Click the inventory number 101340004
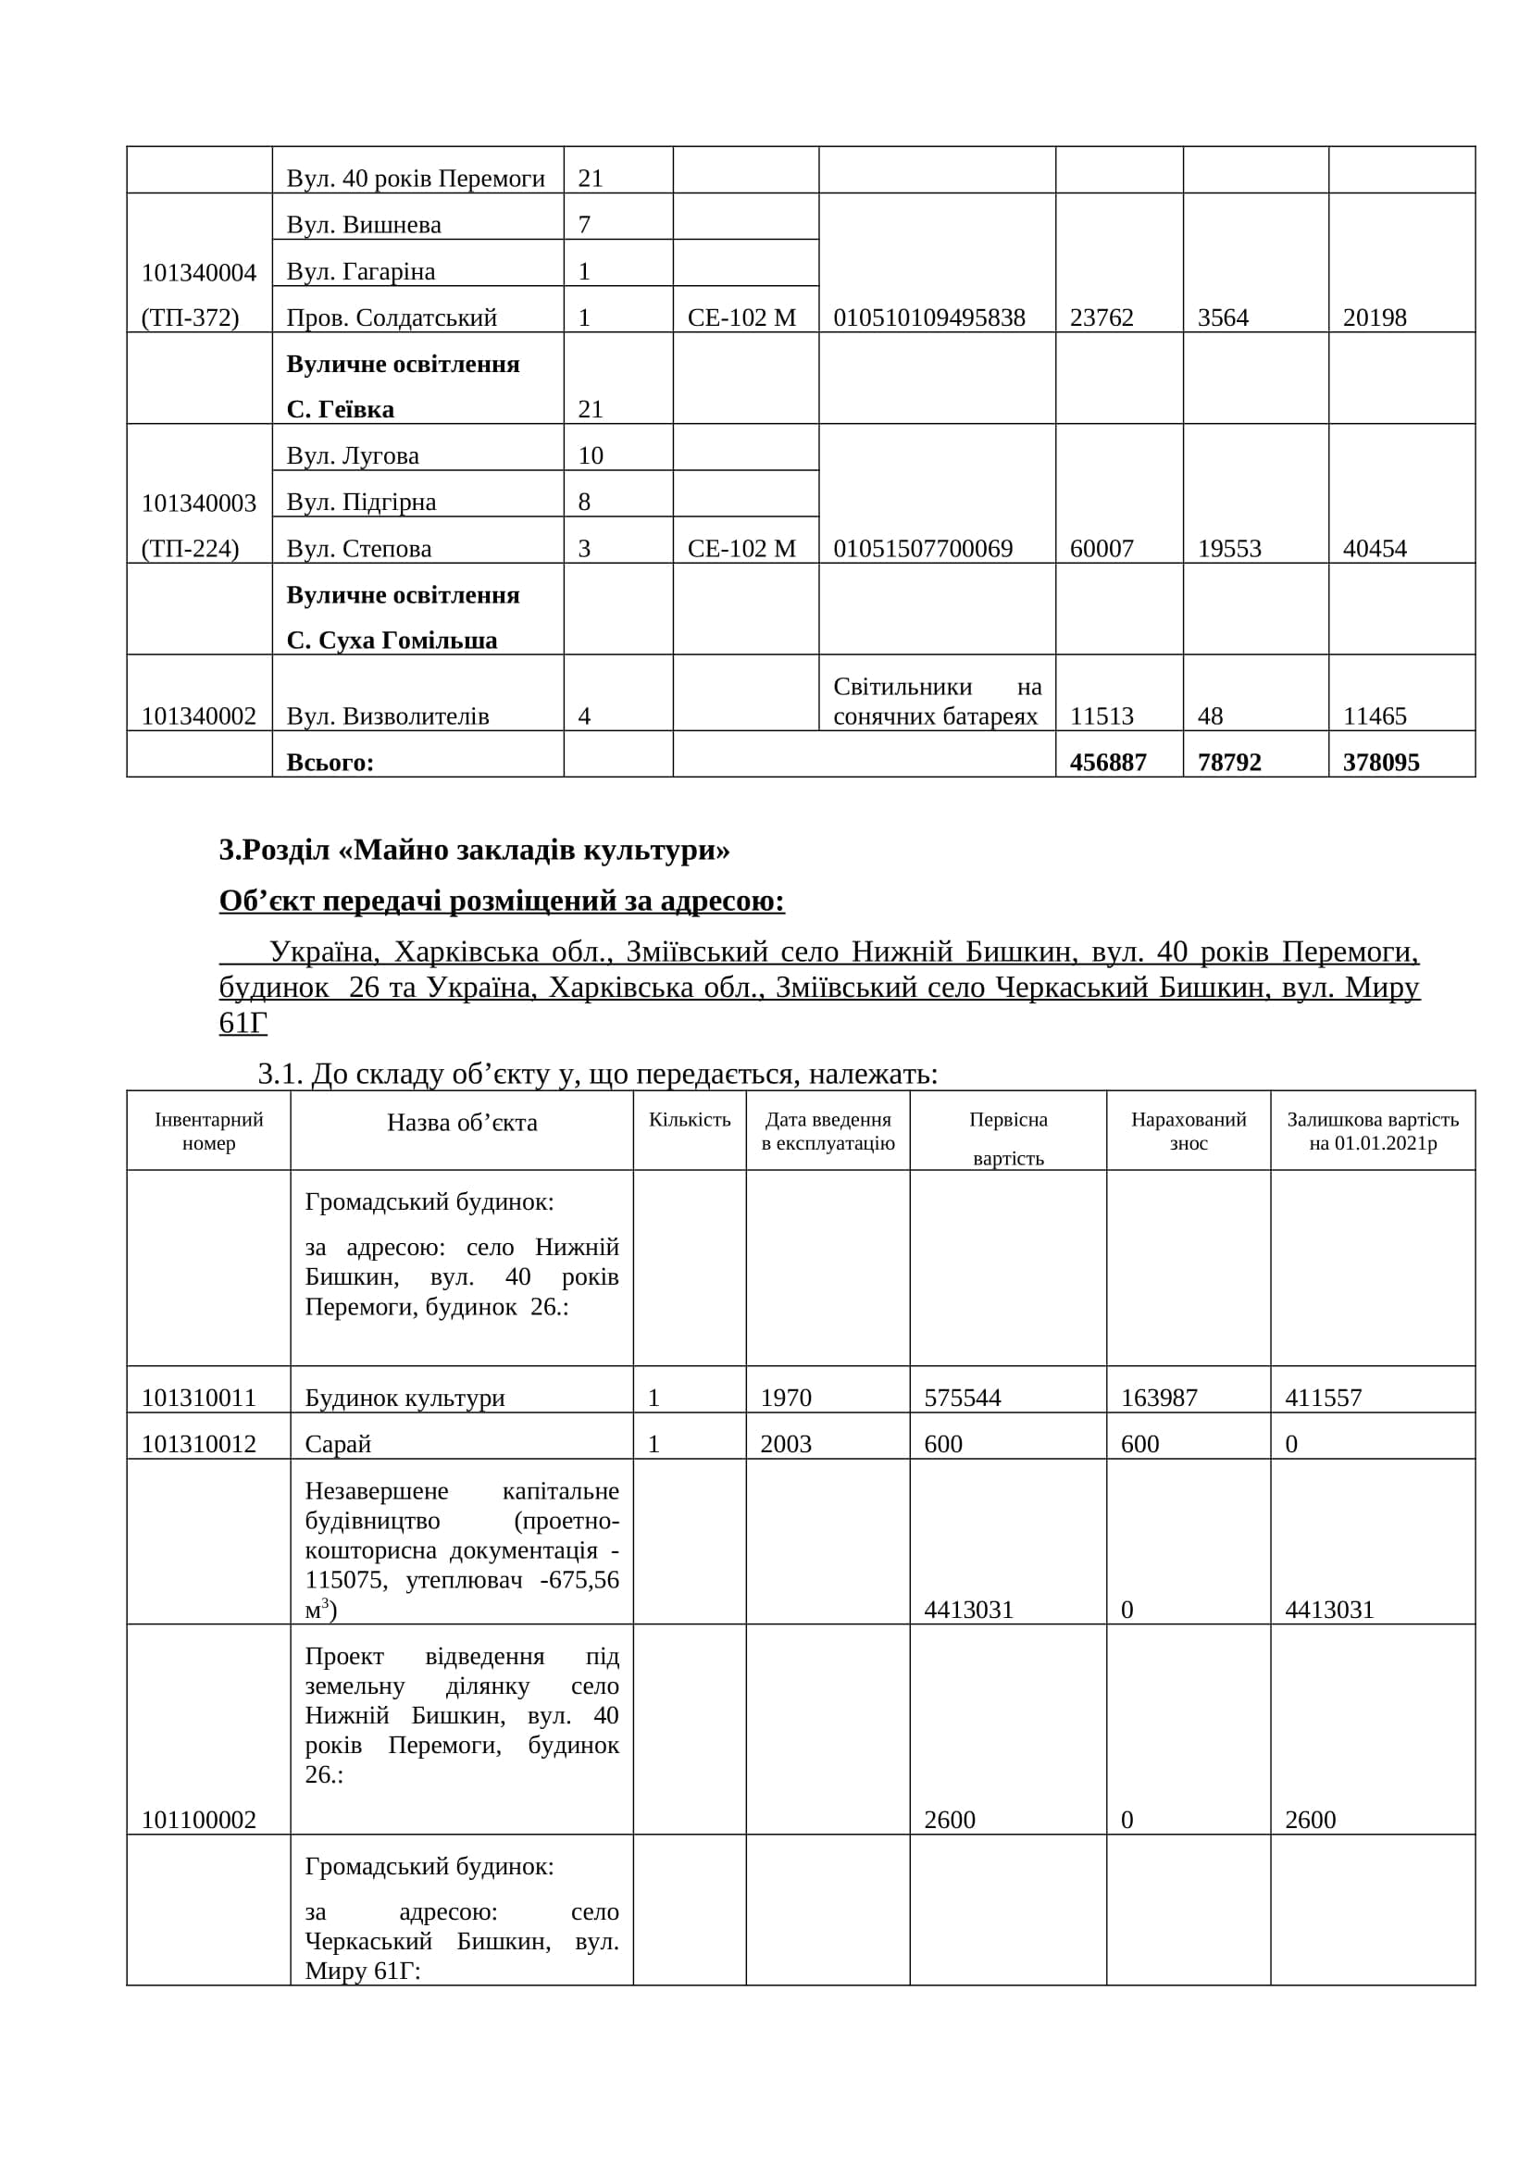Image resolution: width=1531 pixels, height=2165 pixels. pos(199,272)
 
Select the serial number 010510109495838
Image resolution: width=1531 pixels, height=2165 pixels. pos(928,317)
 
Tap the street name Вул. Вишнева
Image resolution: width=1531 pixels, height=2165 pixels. pos(363,224)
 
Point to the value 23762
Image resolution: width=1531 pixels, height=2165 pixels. pos(1102,317)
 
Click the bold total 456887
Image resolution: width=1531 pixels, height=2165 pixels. pos(1108,762)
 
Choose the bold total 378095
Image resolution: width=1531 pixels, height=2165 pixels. pos(1381,762)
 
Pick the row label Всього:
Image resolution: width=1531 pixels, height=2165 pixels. pos(330,762)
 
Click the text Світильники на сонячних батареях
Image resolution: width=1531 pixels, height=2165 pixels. pos(936,702)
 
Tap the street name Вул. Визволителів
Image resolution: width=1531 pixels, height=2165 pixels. pos(388,716)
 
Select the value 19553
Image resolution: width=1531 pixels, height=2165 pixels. pos(1228,549)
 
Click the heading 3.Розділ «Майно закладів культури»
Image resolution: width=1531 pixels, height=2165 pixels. pos(474,851)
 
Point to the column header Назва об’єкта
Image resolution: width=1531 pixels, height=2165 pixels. pos(462,1122)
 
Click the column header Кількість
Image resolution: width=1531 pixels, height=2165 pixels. pos(690,1119)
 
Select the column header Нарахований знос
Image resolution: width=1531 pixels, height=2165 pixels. pos(1188,1130)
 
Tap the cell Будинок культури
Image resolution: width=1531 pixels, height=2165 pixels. pos(405,1398)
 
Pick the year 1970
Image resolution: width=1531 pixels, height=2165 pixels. pos(785,1398)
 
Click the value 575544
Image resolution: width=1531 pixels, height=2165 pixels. pos(962,1398)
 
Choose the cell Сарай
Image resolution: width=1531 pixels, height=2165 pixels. pos(338,1444)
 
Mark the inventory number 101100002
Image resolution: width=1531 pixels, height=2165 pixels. pos(199,1820)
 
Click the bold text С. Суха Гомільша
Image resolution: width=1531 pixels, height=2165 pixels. pos(392,641)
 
